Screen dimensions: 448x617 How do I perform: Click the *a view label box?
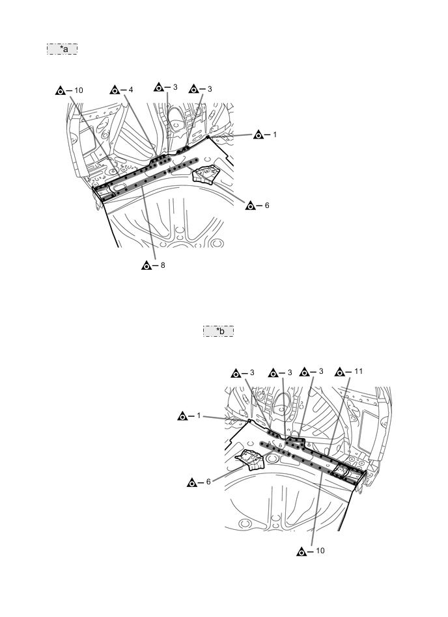tap(63, 49)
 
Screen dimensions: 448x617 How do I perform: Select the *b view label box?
tap(219, 332)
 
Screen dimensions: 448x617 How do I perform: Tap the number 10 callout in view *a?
tap(79, 90)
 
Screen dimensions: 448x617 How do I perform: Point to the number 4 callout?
tap(131, 90)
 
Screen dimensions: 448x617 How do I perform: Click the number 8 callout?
tap(163, 265)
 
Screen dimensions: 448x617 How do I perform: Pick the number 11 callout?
tap(358, 371)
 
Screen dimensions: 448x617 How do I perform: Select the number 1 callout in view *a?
tap(275, 135)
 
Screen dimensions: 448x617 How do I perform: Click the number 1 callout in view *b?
tap(199, 415)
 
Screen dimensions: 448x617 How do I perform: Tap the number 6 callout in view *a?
tap(267, 205)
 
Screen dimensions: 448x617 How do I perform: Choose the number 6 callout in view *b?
tap(208, 482)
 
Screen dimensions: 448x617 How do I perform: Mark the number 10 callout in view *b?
tap(320, 551)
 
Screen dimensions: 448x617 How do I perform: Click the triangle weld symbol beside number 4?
tap(115, 90)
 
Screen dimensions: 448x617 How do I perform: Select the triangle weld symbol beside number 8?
tap(147, 266)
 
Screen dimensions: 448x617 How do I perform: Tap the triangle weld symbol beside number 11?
tap(340, 372)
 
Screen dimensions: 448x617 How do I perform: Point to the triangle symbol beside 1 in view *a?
tap(259, 135)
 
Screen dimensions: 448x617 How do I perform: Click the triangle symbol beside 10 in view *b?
tap(302, 552)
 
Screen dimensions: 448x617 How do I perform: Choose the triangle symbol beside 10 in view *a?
tap(61, 91)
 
